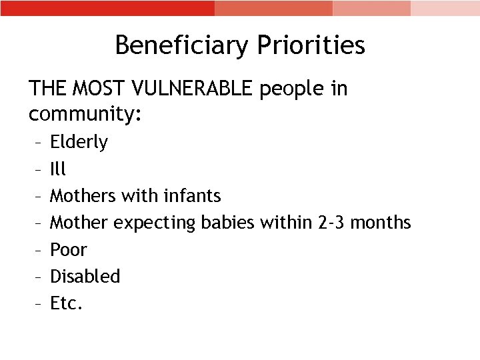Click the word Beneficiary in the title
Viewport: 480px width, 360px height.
(179, 45)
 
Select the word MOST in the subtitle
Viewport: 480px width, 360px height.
(99, 88)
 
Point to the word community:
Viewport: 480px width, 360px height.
(85, 114)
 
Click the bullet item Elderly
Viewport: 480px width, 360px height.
(79, 142)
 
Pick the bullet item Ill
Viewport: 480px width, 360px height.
(58, 169)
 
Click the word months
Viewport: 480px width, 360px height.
(380, 222)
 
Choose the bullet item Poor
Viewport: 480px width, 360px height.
(69, 249)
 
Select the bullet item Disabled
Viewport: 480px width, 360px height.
(85, 276)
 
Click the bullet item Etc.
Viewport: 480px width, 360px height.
(67, 303)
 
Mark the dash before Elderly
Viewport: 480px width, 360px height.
(37, 143)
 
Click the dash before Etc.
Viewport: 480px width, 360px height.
(37, 304)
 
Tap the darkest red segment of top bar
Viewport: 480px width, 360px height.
(107, 8)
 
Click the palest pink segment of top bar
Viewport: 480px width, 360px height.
(445, 8)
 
